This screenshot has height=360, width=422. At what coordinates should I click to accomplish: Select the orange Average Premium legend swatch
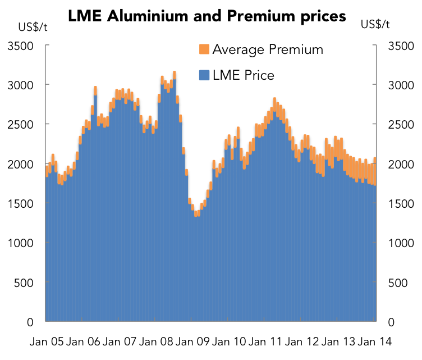(204, 49)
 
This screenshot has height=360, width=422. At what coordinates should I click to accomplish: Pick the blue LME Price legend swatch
(204, 75)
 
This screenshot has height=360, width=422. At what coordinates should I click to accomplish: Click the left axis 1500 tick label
(20, 203)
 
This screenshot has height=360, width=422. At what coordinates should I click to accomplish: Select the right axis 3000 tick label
(401, 85)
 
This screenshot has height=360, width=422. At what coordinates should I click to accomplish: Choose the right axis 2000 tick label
(401, 164)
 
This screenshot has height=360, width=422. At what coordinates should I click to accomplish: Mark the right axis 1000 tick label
(401, 243)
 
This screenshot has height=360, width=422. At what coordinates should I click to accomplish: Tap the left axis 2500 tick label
(20, 124)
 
